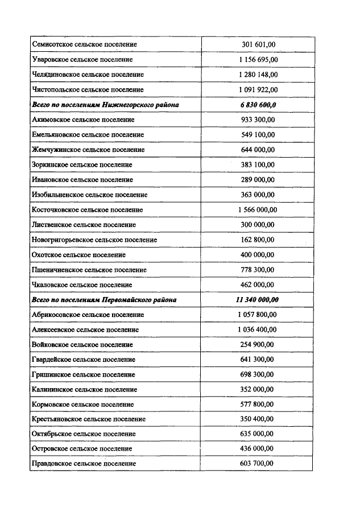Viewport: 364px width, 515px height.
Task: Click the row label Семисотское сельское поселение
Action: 84,44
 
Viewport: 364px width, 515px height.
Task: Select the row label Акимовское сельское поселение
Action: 83,120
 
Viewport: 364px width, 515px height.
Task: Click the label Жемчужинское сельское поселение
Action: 88,150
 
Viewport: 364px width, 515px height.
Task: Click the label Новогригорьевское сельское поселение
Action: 94,240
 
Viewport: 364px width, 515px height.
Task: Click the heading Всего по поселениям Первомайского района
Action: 104,300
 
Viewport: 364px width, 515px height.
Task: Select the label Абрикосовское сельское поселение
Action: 88,315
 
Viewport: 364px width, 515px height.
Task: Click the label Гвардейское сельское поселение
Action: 84,360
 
